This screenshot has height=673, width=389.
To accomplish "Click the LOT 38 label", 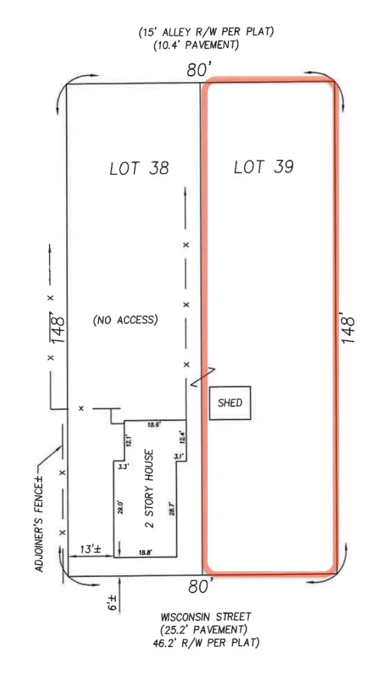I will tap(139, 168).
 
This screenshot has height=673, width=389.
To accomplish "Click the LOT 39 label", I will tap(263, 167).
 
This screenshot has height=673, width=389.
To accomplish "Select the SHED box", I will tap(230, 403).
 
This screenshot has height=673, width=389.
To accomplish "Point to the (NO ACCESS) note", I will tap(125, 320).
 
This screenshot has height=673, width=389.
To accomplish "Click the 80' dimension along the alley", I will tap(197, 71).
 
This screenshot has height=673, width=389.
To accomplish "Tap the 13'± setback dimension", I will tap(90, 549).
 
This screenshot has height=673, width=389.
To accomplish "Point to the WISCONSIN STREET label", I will tap(206, 617).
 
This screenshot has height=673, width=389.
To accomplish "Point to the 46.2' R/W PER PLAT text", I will tap(206, 643).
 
